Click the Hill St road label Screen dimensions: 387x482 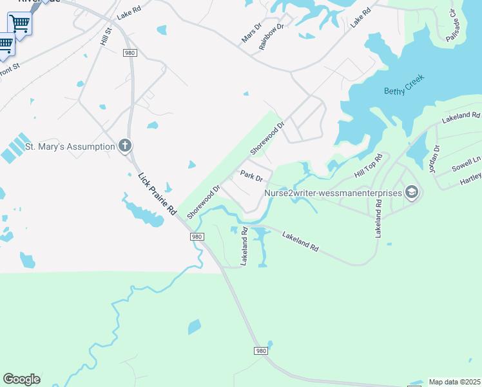click(x=106, y=35)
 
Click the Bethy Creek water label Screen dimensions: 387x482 click(x=404, y=91)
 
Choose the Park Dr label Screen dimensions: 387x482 click(x=251, y=175)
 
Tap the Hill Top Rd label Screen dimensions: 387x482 click(x=369, y=166)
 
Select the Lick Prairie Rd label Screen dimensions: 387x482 click(x=157, y=193)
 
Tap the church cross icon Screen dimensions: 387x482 click(x=125, y=146)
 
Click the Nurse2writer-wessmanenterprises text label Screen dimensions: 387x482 click(x=332, y=192)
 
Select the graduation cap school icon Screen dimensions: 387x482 click(x=412, y=192)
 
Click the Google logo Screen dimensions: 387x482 click(x=21, y=379)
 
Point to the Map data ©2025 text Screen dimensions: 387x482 click(x=454, y=382)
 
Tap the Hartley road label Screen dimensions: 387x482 click(x=471, y=181)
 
